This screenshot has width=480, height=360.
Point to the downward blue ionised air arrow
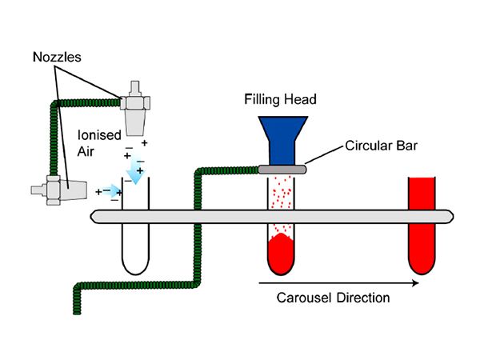tap(136, 170)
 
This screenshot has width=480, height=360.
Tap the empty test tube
tap(137, 248)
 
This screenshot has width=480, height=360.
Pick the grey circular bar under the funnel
tap(281, 169)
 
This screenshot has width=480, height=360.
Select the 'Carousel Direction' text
tap(334, 298)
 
